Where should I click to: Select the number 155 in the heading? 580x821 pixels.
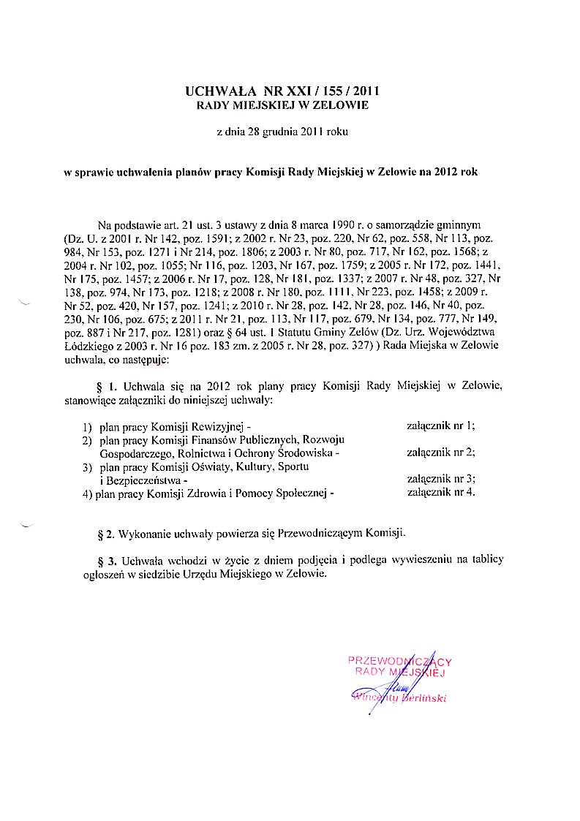coord(331,91)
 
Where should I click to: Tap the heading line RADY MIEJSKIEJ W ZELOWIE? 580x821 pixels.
coord(283,105)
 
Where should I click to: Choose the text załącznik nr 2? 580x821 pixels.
coord(440,452)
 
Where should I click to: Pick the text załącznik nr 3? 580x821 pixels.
coord(440,479)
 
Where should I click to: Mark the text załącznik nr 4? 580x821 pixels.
coord(440,492)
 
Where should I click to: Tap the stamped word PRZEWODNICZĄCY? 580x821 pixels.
coord(400,661)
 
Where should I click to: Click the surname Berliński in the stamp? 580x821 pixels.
coord(423,698)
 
